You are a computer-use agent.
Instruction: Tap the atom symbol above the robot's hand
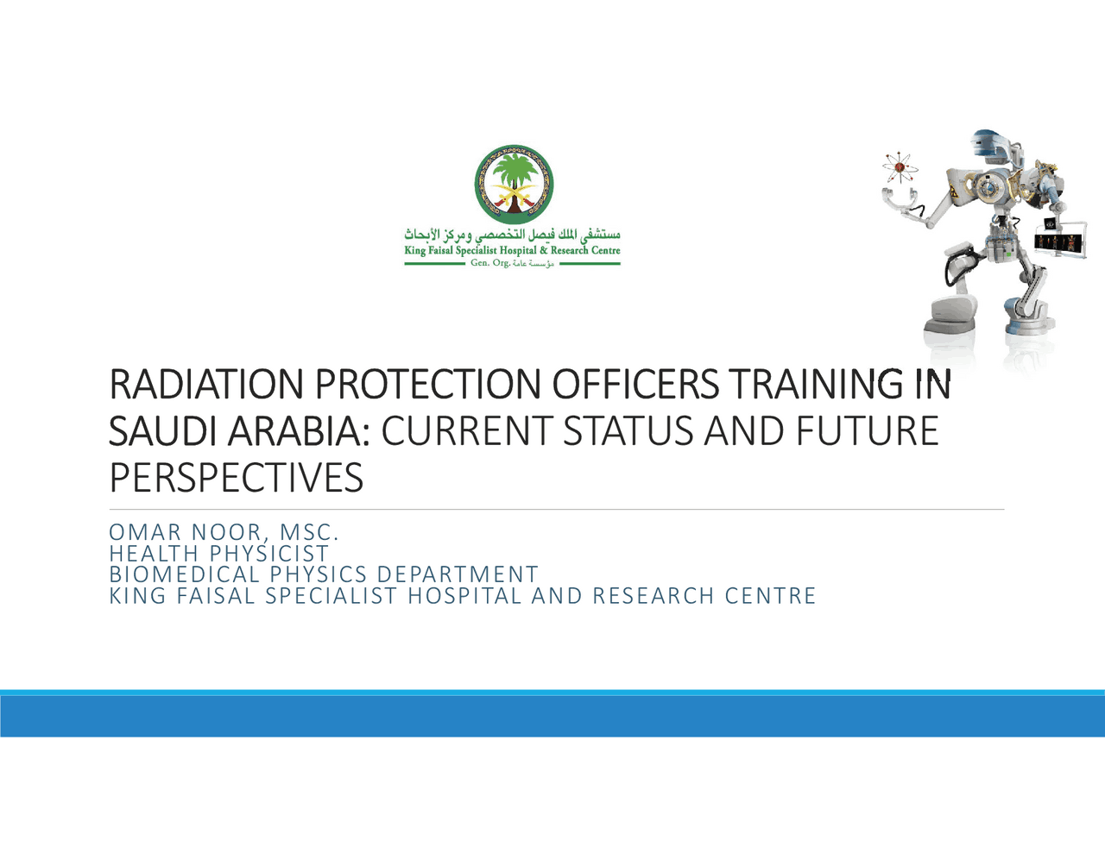click(x=900, y=167)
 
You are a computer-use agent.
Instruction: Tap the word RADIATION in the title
click(x=206, y=385)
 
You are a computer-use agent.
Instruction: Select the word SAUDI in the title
click(x=162, y=431)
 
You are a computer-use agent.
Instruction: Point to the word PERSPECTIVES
click(x=236, y=478)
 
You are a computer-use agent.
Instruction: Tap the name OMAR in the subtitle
click(x=144, y=532)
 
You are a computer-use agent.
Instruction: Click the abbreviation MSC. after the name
click(x=309, y=532)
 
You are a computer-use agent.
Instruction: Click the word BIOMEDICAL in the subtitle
click(x=184, y=574)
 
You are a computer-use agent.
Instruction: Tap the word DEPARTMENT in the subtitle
click(x=458, y=574)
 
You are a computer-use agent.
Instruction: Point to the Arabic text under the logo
click(x=512, y=235)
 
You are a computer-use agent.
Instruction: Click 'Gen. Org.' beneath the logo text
click(x=489, y=263)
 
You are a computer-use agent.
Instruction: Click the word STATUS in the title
click(x=628, y=431)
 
